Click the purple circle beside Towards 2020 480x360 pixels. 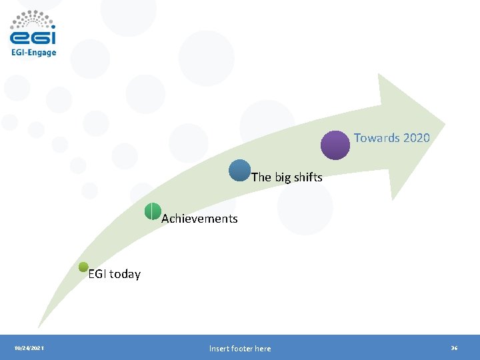tap(335, 145)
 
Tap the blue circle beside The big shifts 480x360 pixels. tap(240, 171)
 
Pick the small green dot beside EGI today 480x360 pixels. tap(83, 267)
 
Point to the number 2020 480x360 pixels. tap(416, 138)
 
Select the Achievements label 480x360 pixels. tap(199, 219)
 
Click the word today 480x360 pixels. tap(125, 274)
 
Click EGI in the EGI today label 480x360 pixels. tap(97, 274)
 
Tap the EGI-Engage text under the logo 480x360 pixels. tap(33, 53)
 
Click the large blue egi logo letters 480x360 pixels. tap(33, 37)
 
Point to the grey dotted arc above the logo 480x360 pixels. tap(33, 17)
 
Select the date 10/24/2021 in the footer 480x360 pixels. tap(29, 349)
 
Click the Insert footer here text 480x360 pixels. tap(240, 349)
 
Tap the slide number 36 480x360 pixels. tap(454, 349)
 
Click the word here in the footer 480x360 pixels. tap(262, 349)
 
